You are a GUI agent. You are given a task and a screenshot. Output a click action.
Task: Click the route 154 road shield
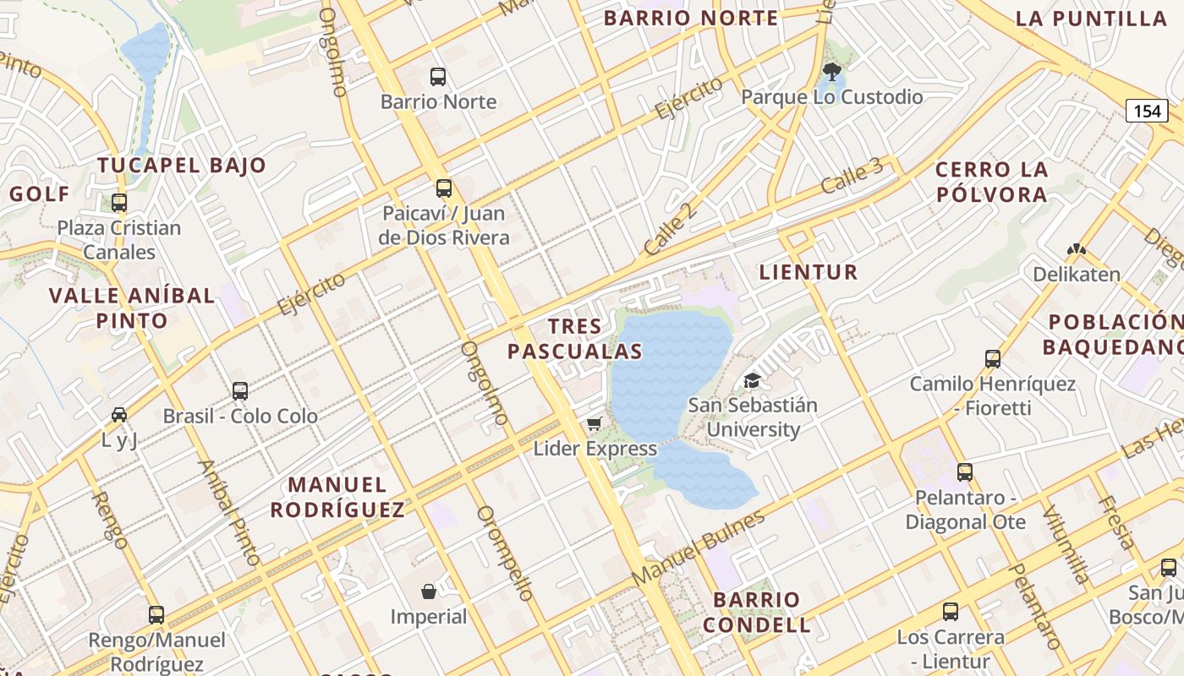pos(1147,111)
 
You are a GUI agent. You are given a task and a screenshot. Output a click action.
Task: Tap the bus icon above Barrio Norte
pos(438,77)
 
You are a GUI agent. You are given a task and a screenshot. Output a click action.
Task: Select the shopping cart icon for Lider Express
pos(595,423)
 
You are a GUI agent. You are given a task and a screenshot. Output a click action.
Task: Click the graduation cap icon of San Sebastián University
pos(752,380)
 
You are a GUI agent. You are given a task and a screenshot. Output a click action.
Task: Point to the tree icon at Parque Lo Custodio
pos(831,71)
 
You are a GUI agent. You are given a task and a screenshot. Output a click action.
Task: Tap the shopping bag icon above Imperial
pos(429,591)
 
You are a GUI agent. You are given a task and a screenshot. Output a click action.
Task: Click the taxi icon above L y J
pos(119,415)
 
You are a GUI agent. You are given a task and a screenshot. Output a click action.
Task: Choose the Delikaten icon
pos(1076,250)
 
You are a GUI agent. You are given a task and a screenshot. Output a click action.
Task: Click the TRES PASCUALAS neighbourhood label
pos(575,339)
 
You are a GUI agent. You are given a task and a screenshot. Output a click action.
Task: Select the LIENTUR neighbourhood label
pos(809,272)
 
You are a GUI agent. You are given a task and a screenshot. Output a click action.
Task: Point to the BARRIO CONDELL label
pos(757,613)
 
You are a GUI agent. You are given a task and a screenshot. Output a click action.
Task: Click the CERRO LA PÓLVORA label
pos(991,182)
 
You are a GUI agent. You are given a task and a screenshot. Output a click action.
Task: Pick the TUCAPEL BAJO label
pos(182,166)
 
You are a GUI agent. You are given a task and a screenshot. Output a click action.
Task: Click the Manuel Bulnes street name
pos(698,547)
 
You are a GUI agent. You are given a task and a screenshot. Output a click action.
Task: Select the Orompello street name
pos(505,553)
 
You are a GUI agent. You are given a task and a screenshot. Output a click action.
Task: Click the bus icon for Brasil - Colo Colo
pos(240,390)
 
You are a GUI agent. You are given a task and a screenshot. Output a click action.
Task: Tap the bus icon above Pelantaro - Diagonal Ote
pos(965,472)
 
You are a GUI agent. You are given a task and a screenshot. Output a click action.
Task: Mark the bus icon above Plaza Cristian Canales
pos(119,203)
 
